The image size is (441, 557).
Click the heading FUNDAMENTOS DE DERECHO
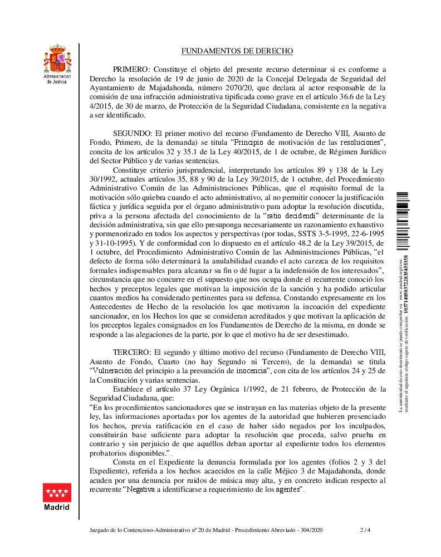point(237,51)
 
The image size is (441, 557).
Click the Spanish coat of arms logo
point(57,58)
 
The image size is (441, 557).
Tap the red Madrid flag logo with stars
point(57,493)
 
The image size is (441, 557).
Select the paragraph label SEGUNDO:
point(133,133)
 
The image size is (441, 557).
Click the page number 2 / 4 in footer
point(365,530)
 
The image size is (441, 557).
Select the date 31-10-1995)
point(109,243)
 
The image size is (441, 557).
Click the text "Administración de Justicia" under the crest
point(57,79)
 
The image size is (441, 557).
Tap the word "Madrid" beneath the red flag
point(57,507)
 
